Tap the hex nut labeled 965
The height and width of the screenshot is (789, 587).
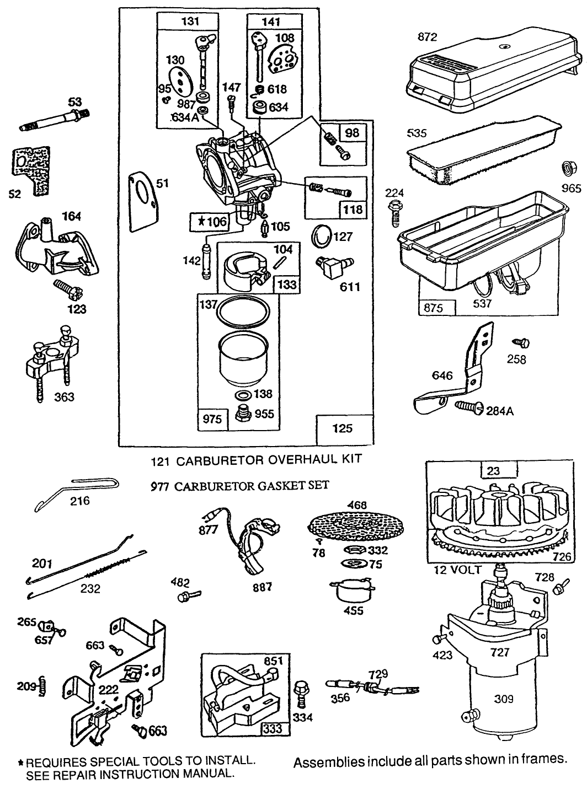pos(568,168)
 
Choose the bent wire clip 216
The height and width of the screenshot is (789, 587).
pos(77,491)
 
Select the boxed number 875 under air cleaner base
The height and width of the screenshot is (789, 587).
pos(437,308)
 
